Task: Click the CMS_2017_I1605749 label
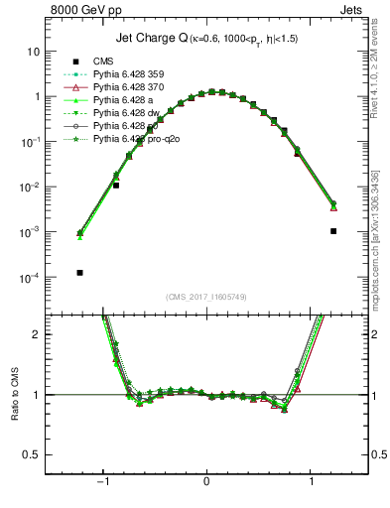pos(206,296)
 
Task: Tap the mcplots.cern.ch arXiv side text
pos(374,238)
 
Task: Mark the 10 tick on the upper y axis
pos(35,51)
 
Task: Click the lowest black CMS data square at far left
pos(79,272)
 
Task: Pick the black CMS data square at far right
pos(333,231)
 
